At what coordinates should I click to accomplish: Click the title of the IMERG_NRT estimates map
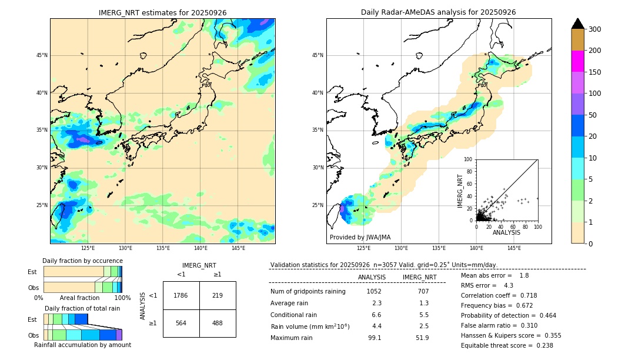(x=162, y=12)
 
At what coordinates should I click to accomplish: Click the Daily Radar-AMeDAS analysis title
(x=439, y=12)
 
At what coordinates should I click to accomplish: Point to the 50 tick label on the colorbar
(x=592, y=115)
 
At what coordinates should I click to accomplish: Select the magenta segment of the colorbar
(x=578, y=61)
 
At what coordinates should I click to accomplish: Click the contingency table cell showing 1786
(x=181, y=295)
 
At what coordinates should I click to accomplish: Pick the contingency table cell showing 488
(x=218, y=323)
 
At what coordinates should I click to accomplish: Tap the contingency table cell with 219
(x=218, y=295)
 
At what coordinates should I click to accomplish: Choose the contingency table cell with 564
(x=181, y=323)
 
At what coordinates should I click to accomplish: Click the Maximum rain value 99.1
(x=375, y=338)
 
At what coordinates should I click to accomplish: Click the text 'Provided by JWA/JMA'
(x=360, y=238)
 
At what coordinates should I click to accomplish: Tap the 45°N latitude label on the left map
(x=42, y=55)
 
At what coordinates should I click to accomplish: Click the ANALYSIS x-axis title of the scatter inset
(x=506, y=233)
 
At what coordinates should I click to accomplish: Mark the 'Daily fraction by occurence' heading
(x=82, y=261)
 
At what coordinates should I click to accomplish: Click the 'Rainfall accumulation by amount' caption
(x=82, y=345)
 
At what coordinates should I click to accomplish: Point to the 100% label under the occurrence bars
(x=122, y=298)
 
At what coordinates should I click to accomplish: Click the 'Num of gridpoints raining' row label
(x=308, y=291)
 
